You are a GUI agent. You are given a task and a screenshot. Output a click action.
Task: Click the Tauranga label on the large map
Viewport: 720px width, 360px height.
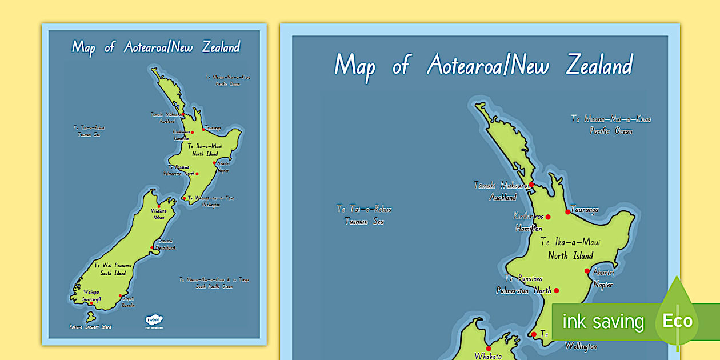pyautogui.click(x=584, y=210)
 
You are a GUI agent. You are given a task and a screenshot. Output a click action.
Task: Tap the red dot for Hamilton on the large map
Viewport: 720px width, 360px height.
pyautogui.click(x=547, y=217)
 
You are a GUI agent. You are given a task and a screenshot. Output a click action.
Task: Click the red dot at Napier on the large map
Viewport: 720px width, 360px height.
pyautogui.click(x=587, y=271)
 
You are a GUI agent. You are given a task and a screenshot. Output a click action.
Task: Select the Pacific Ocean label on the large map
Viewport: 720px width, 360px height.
pyautogui.click(x=611, y=131)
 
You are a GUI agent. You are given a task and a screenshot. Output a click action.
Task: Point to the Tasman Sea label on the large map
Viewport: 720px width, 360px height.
pyautogui.click(x=364, y=221)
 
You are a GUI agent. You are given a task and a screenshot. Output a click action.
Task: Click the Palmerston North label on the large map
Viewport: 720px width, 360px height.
pyautogui.click(x=523, y=290)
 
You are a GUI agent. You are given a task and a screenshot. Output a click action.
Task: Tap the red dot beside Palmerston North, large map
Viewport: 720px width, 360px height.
pyautogui.click(x=556, y=290)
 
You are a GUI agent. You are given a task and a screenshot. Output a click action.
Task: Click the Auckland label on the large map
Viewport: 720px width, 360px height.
pyautogui.click(x=502, y=197)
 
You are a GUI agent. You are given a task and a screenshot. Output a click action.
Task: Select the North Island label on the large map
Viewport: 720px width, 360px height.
pyautogui.click(x=570, y=255)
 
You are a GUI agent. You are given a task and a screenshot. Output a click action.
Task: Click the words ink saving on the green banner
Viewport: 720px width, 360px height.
pyautogui.click(x=602, y=322)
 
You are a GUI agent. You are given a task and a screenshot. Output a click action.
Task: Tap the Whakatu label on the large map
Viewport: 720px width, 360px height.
pyautogui.click(x=487, y=356)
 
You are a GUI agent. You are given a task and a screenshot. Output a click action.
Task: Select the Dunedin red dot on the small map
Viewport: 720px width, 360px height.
pyautogui.click(x=121, y=296)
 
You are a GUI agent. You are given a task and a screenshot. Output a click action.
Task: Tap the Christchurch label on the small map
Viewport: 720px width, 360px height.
pyautogui.click(x=167, y=247)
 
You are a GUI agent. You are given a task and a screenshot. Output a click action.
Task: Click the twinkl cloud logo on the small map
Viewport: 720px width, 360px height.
pyautogui.click(x=154, y=321)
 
